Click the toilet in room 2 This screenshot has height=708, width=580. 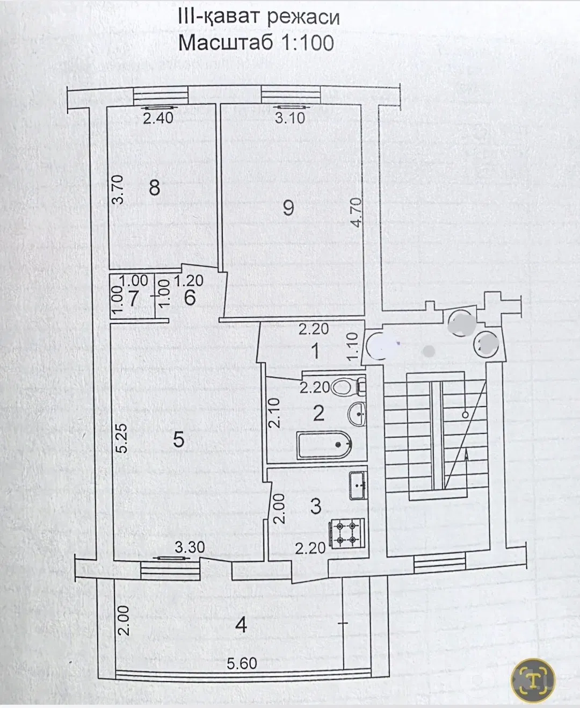click(348, 387)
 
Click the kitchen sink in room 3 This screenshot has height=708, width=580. click(359, 486)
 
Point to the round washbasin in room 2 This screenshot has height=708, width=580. click(357, 414)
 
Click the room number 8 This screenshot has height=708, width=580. click(155, 187)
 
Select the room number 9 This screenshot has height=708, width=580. click(288, 207)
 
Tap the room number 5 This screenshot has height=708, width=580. click(178, 439)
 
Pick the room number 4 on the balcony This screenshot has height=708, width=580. click(241, 625)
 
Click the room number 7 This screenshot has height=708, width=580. click(133, 298)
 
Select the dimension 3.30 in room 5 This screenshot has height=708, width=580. click(190, 547)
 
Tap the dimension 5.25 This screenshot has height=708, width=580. click(122, 438)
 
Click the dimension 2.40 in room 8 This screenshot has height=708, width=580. click(158, 118)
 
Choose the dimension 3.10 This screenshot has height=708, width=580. click(290, 118)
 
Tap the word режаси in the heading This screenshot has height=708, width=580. click(303, 17)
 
